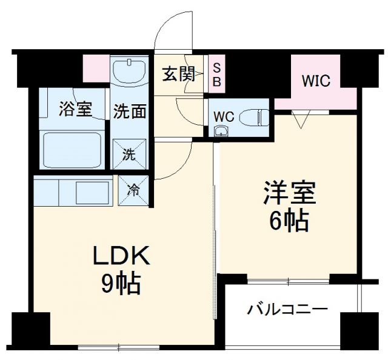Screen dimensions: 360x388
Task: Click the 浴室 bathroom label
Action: [x=75, y=110]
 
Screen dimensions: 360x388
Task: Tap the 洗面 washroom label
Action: [x=130, y=111]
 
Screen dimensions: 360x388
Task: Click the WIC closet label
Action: [x=316, y=81]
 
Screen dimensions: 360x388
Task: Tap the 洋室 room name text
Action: [x=289, y=195]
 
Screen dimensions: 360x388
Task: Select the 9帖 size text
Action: [x=121, y=283]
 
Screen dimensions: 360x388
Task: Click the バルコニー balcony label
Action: [x=287, y=310]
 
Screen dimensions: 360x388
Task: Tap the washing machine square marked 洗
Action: [x=130, y=154]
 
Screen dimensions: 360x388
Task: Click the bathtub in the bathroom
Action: [x=72, y=148]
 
